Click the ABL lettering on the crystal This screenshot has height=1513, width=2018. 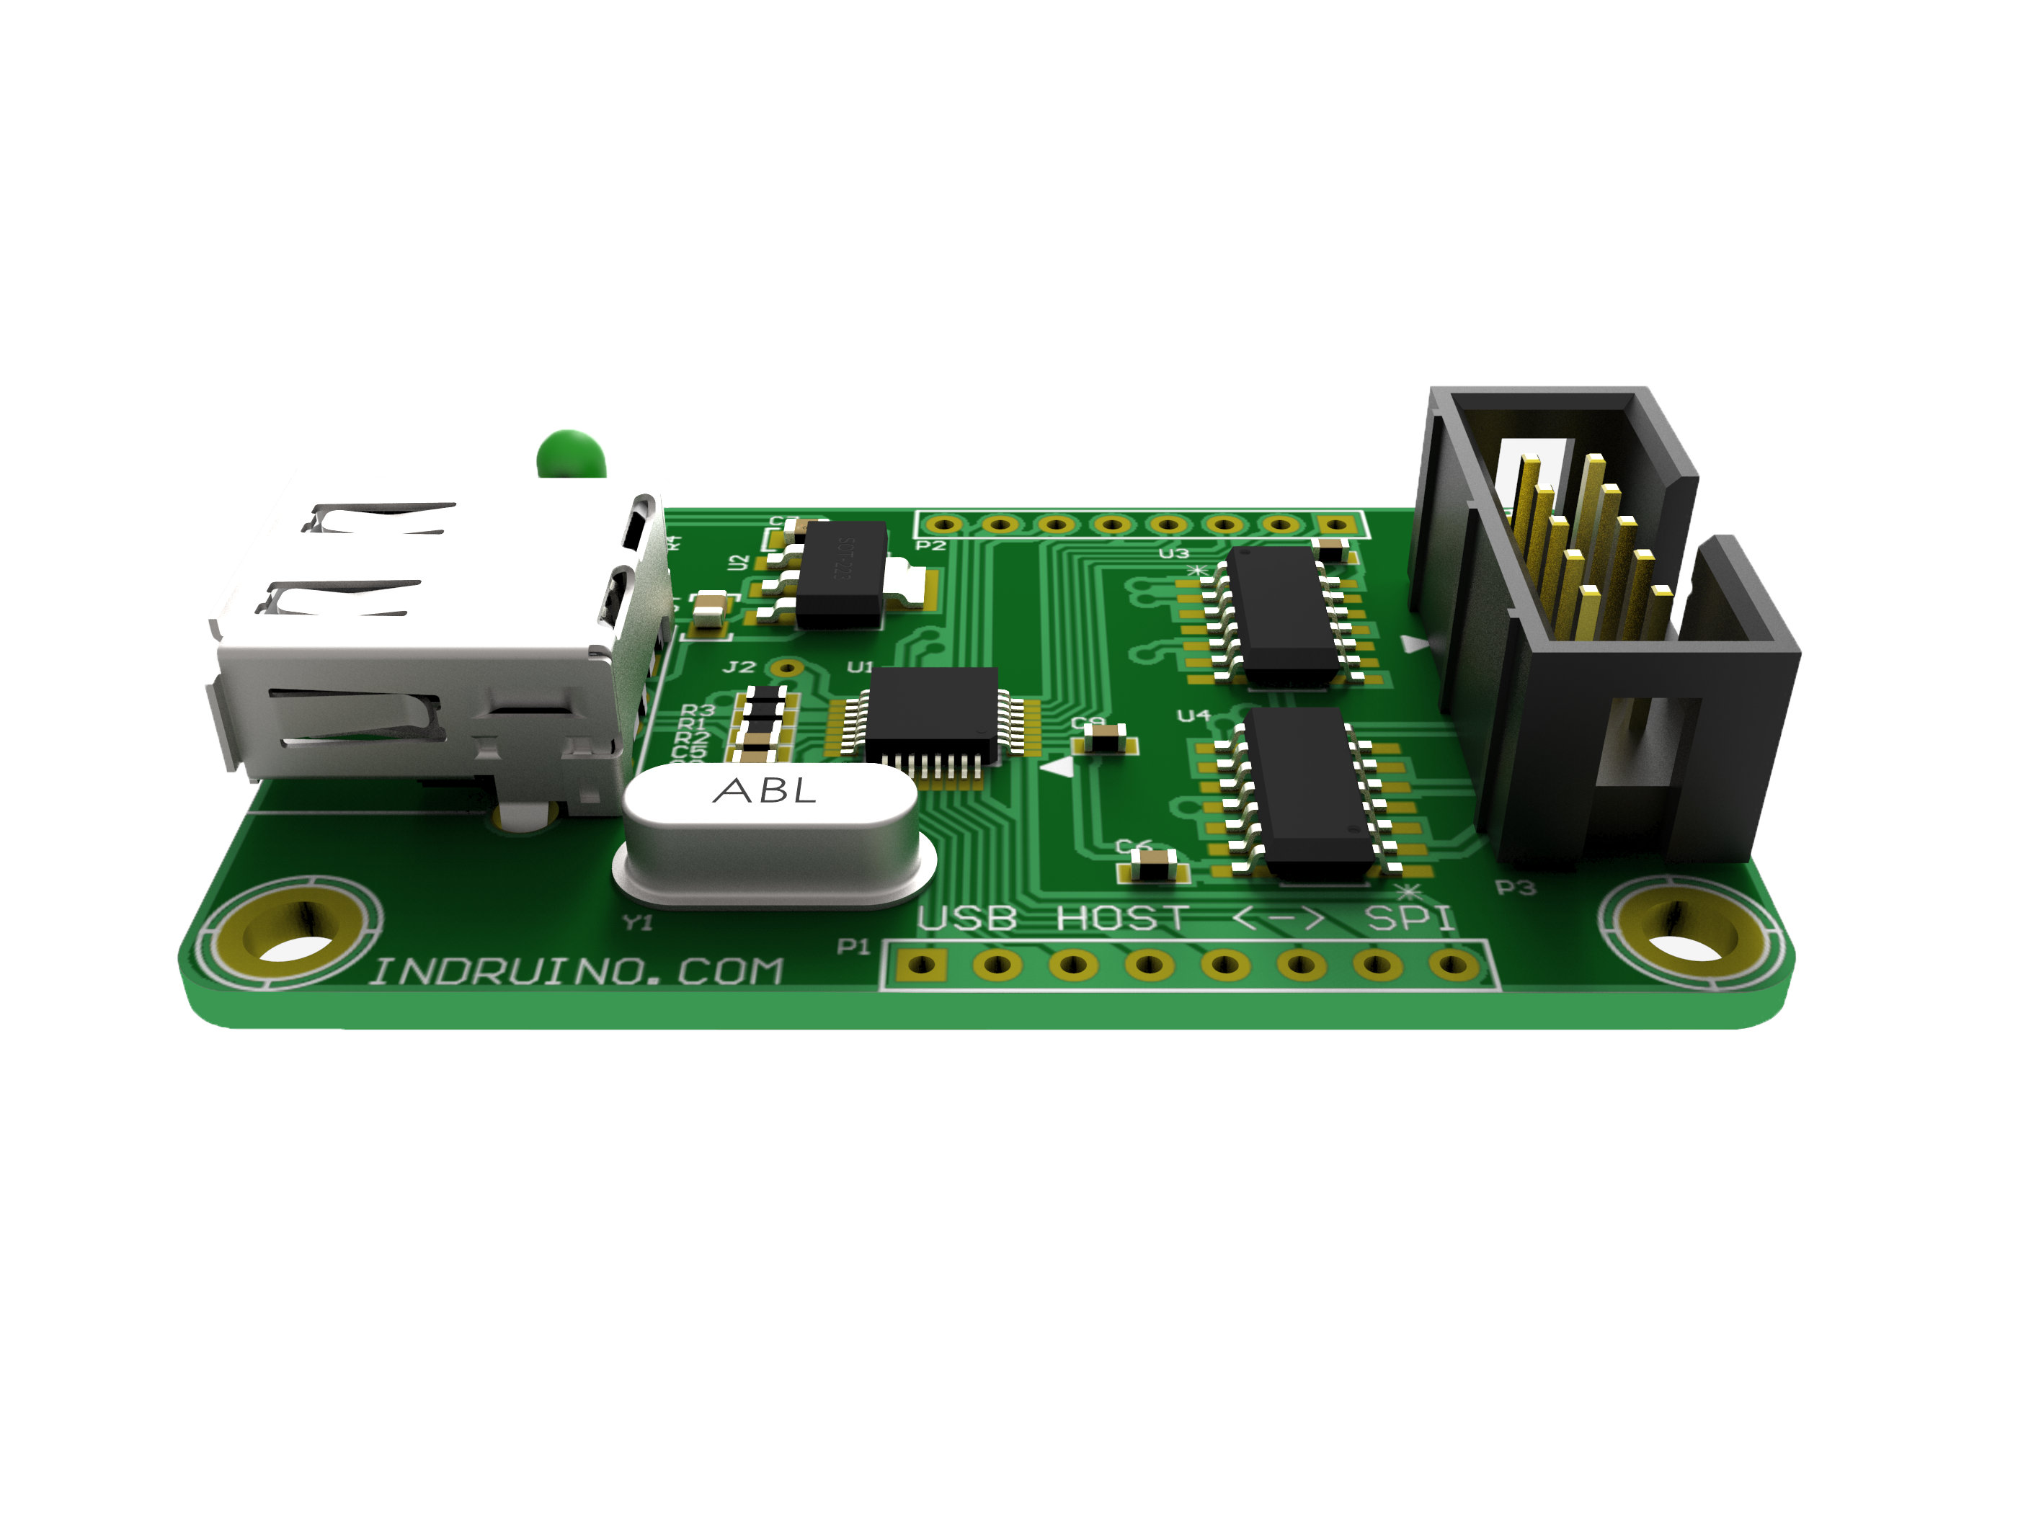point(765,790)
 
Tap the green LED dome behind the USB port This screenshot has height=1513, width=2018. point(571,453)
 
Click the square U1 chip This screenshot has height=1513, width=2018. point(933,714)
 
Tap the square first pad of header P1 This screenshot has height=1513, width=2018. point(920,964)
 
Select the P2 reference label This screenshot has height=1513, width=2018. point(930,545)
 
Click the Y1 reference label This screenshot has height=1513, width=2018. point(638,923)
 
